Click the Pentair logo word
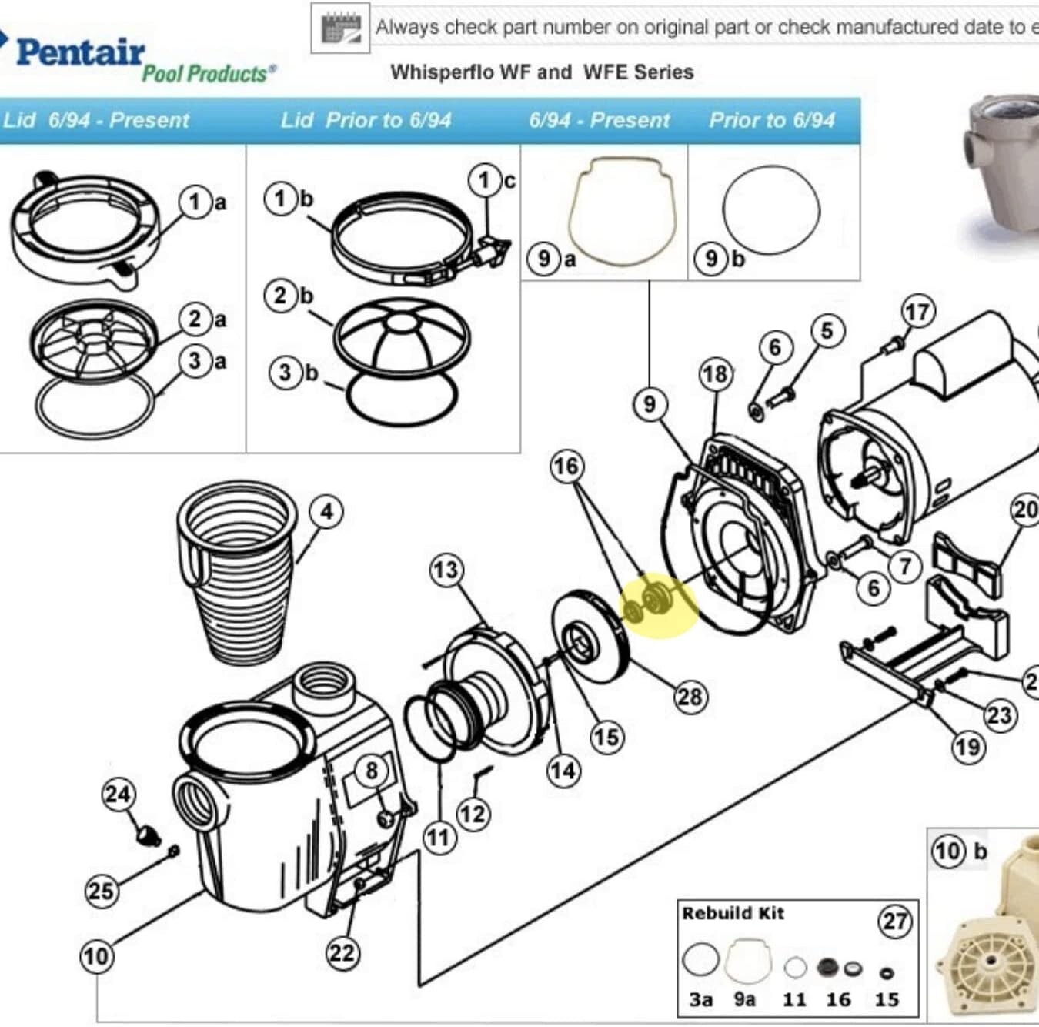tap(79, 52)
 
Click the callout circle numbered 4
tap(326, 512)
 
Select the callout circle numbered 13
tap(446, 570)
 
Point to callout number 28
tap(689, 697)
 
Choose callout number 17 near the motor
tap(917, 313)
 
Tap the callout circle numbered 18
tap(715, 374)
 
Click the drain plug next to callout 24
tap(146, 835)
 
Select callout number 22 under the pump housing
tap(342, 953)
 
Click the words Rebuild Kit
tap(732, 914)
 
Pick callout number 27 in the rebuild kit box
tap(894, 921)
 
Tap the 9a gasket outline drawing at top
tap(621, 211)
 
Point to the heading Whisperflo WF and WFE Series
tap(542, 72)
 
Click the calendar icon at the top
tap(340, 29)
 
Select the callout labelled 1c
tap(485, 181)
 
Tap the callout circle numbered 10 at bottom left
tap(96, 956)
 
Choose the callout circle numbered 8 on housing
tap(372, 771)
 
